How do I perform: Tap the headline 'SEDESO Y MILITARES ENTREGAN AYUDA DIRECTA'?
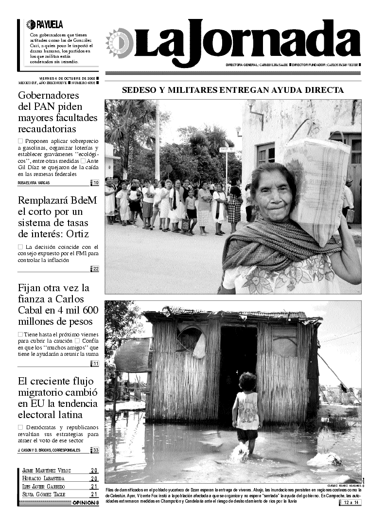tap(233, 90)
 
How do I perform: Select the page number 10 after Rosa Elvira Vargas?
tap(96, 183)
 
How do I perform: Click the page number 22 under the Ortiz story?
tap(96, 269)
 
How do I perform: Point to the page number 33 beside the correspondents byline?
tap(96, 450)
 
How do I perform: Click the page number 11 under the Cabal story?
tap(96, 364)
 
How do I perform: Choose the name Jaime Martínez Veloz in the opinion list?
tap(47, 471)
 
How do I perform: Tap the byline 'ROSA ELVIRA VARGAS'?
tap(34, 183)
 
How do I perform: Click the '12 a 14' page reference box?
tap(351, 502)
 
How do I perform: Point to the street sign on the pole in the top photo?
tap(226, 150)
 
